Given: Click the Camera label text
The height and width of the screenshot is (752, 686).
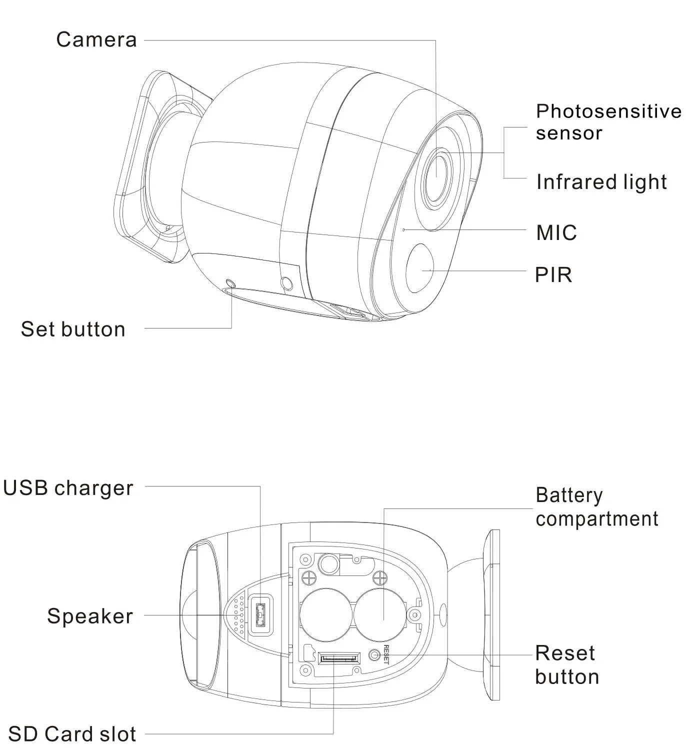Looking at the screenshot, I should [x=96, y=39].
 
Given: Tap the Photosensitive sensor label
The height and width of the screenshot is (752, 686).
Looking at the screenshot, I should [x=608, y=122].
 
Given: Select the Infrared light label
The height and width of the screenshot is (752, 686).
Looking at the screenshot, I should [x=601, y=182].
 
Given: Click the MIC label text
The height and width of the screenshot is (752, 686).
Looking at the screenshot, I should [x=556, y=233].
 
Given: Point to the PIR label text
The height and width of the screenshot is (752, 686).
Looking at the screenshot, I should [x=553, y=275].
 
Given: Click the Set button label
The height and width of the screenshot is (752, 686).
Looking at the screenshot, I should [x=73, y=329].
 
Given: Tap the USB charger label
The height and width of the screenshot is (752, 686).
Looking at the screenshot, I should [x=68, y=488].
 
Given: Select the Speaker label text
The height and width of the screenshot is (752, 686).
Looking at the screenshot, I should [x=90, y=616].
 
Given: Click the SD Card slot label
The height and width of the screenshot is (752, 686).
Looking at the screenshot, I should [x=72, y=734].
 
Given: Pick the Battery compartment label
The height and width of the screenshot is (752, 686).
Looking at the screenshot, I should [x=596, y=507].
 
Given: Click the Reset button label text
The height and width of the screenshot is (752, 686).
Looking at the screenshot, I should [x=566, y=665].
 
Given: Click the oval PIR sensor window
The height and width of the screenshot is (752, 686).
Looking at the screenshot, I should [x=421, y=268].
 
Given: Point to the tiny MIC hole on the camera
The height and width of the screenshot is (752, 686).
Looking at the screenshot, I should [x=404, y=230].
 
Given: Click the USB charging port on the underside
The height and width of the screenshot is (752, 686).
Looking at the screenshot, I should [x=260, y=615].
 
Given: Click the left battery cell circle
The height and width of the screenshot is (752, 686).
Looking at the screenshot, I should [x=327, y=614].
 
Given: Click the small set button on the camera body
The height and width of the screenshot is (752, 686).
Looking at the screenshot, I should [x=230, y=283].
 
